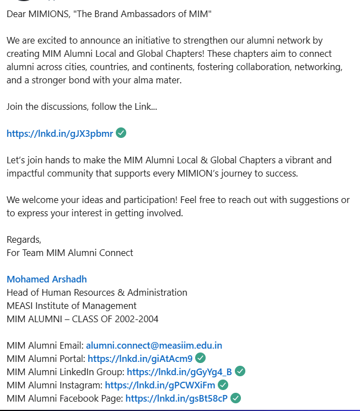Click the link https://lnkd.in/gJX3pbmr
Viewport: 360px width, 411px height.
[x=60, y=134]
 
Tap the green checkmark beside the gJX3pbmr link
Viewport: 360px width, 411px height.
[x=121, y=133]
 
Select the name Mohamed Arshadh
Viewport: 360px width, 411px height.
[x=46, y=279]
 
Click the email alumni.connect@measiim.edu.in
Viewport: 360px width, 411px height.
[x=154, y=346]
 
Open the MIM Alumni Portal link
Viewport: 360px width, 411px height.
[x=140, y=359]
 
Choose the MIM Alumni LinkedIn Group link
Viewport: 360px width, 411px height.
[x=179, y=372]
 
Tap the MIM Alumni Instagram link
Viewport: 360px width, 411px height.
[x=160, y=385]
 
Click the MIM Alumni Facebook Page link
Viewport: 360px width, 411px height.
[x=176, y=398]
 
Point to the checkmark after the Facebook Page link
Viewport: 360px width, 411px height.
[x=235, y=398]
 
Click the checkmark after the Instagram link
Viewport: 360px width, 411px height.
[x=223, y=385]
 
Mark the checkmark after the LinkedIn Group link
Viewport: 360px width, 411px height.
[x=240, y=371]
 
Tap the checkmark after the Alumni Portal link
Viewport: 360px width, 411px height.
[x=201, y=359]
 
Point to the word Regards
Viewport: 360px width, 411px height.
[x=24, y=239]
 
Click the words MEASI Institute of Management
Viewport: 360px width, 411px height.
[x=72, y=306]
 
